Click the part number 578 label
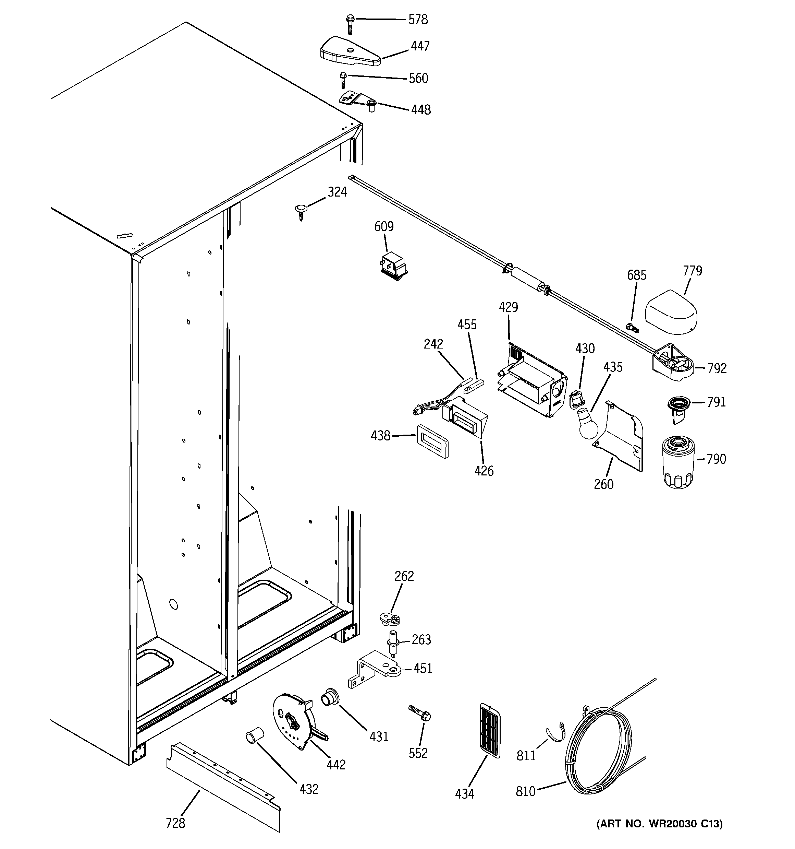[x=418, y=20]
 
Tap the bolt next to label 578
[x=350, y=24]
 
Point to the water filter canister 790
[x=678, y=462]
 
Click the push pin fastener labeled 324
[x=301, y=211]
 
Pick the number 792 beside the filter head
[x=717, y=368]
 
